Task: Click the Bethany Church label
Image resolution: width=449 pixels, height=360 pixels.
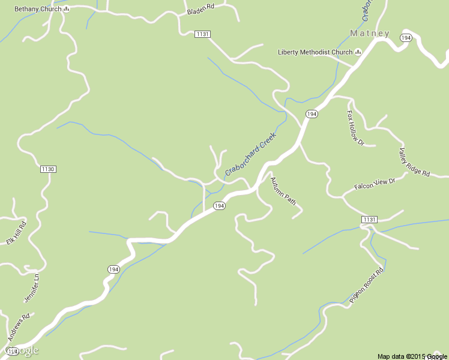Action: pos(38,9)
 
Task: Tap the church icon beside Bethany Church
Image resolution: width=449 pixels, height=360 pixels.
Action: pos(66,9)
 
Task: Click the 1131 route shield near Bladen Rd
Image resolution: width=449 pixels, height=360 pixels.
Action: pos(202,34)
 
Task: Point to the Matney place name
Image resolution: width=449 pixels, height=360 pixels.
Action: pos(370,34)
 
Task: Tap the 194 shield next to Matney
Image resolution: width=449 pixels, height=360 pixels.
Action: pos(406,38)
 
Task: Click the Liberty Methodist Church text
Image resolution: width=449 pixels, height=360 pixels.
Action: pos(315,52)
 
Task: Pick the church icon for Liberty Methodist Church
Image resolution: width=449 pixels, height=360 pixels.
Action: pos(358,52)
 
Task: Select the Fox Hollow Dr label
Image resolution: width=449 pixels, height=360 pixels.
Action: pos(356,128)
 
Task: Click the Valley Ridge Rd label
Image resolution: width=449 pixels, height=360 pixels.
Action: pos(415,161)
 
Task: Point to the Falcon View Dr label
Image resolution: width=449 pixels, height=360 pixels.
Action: pos(375,184)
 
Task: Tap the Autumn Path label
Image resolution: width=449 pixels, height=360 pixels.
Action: pos(283,191)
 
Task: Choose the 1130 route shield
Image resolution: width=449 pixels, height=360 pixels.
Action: pos(48,169)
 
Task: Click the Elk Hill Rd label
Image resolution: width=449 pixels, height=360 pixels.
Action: pos(17,233)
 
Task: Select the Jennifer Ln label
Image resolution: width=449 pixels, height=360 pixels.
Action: pos(31,289)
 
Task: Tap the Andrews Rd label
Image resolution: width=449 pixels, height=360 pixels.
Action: pos(18,328)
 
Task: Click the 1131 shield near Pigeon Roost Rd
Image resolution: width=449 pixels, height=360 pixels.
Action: pos(369,220)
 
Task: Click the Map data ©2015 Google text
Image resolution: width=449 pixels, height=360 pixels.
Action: pos(412,356)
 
